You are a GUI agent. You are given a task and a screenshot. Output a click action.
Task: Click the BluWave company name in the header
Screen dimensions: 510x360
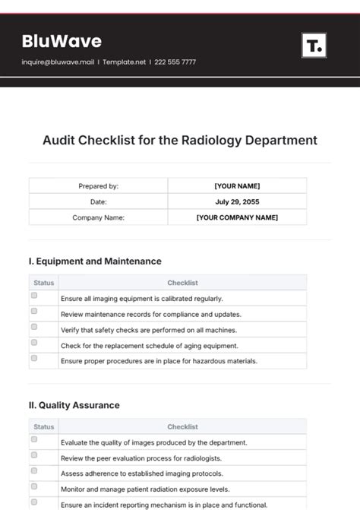tap(62, 41)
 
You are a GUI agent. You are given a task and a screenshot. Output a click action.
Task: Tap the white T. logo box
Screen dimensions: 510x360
tap(314, 46)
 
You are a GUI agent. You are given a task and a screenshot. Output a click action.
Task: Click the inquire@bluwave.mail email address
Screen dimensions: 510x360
tap(58, 62)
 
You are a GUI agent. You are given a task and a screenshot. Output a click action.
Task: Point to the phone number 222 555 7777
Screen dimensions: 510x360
tap(175, 62)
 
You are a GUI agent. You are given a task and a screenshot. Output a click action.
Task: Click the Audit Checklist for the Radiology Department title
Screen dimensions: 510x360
tap(180, 141)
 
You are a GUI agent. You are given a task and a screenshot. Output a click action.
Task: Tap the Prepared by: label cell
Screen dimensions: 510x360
tap(98, 186)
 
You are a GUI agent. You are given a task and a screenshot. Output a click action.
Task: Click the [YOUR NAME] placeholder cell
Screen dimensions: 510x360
tap(237, 186)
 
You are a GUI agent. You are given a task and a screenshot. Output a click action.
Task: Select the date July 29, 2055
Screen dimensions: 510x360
tap(237, 201)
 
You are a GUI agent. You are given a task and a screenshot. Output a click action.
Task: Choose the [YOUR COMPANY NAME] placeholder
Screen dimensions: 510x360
tap(237, 217)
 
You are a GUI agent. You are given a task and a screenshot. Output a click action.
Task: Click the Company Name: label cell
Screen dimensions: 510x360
tap(98, 217)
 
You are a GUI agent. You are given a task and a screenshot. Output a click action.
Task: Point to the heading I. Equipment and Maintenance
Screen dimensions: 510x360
tap(95, 261)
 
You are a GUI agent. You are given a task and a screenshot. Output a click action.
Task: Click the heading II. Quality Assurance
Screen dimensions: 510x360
tap(74, 405)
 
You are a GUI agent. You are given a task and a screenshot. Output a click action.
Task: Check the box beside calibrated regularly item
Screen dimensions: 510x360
tap(34, 296)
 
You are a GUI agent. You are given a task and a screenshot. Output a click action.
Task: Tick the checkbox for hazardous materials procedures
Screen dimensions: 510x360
tap(34, 358)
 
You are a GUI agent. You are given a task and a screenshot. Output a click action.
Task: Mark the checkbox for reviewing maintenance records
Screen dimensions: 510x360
tap(34, 312)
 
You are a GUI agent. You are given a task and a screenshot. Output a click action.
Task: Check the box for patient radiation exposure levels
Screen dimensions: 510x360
tap(34, 486)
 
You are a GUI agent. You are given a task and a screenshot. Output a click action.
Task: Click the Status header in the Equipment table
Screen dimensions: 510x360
tap(44, 283)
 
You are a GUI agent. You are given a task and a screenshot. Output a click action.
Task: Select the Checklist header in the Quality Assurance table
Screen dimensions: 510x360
tap(182, 427)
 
